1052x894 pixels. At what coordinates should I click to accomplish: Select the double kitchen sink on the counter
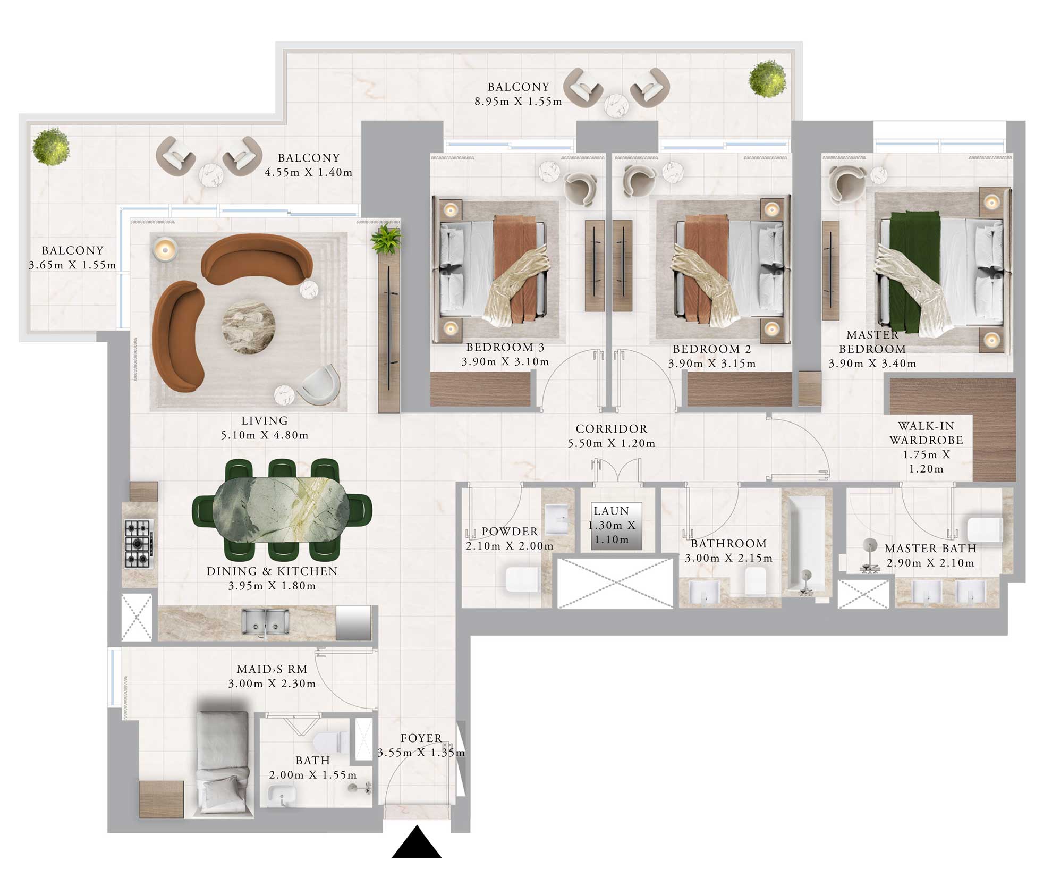265,621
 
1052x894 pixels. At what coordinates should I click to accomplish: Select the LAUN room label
611,511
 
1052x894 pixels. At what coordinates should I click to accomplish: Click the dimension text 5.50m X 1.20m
611,443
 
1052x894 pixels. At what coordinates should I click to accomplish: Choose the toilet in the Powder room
523,580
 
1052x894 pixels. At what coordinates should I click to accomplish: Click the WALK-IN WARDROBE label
926,433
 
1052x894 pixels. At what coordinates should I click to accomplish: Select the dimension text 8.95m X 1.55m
518,102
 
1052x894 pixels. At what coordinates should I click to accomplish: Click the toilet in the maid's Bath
330,741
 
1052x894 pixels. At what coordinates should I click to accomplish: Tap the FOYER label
421,738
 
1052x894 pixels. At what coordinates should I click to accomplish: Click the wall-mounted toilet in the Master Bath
985,529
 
